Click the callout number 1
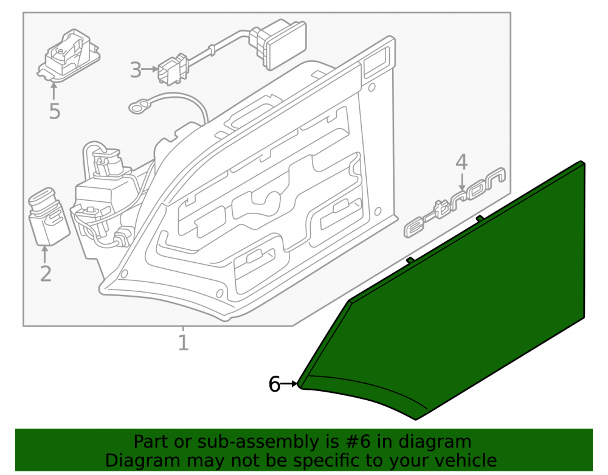tap(184, 343)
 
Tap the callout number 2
tap(46, 273)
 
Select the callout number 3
tap(136, 70)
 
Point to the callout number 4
tap(461, 162)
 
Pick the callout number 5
tap(55, 111)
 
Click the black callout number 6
tap(274, 384)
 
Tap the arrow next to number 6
tap(289, 384)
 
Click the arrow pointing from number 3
tap(150, 69)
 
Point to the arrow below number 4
tap(462, 182)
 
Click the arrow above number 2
tap(44, 254)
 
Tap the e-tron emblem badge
tap(455, 202)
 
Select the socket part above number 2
tap(49, 217)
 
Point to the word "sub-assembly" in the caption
tap(257, 442)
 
